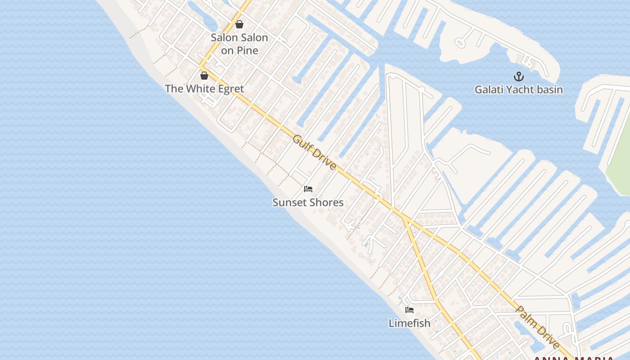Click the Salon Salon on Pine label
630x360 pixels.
click(239, 44)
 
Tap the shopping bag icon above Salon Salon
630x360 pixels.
click(239, 24)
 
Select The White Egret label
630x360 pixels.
click(204, 89)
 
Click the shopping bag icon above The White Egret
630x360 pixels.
click(204, 75)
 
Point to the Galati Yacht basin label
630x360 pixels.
click(519, 90)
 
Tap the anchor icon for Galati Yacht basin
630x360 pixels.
click(519, 76)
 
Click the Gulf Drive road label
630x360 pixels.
click(314, 152)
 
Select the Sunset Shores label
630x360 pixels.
click(308, 202)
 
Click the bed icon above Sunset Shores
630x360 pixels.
click(308, 189)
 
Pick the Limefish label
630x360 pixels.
click(409, 323)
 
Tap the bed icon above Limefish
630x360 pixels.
click(409, 310)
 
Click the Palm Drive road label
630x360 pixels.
click(537, 327)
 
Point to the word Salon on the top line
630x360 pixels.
click(224, 38)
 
